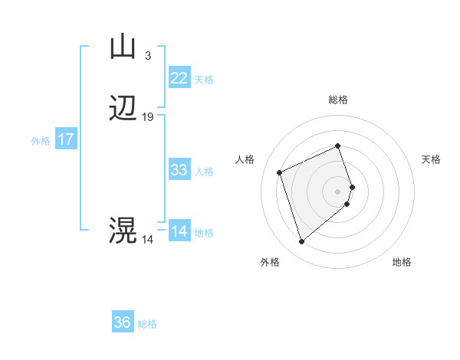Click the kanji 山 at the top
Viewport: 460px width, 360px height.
[x=123, y=47]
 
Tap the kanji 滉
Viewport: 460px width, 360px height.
[x=123, y=230]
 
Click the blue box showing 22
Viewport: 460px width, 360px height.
[x=179, y=78]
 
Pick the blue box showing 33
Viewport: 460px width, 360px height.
[x=179, y=170]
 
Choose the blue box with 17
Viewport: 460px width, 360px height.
[x=66, y=140]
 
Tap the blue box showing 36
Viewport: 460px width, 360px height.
[x=123, y=322]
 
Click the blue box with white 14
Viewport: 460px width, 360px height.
[x=179, y=231]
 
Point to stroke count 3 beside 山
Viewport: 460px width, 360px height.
[x=147, y=55]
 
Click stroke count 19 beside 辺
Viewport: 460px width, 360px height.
[x=148, y=117]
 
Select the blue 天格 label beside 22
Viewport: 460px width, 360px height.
[x=204, y=80]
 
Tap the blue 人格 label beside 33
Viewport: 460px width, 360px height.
[x=205, y=172]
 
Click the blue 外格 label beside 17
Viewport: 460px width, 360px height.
[x=41, y=141]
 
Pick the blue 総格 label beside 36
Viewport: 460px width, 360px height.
[x=147, y=324]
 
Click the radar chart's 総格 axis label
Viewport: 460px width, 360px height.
[x=337, y=100]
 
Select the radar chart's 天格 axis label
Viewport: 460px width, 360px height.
[x=431, y=159]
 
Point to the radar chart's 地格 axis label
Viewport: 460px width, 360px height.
[x=402, y=262]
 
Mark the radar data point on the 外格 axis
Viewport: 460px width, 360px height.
[x=301, y=242]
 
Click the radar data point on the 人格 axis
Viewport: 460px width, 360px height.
[x=281, y=172]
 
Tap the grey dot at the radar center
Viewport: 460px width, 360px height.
[x=337, y=191]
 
